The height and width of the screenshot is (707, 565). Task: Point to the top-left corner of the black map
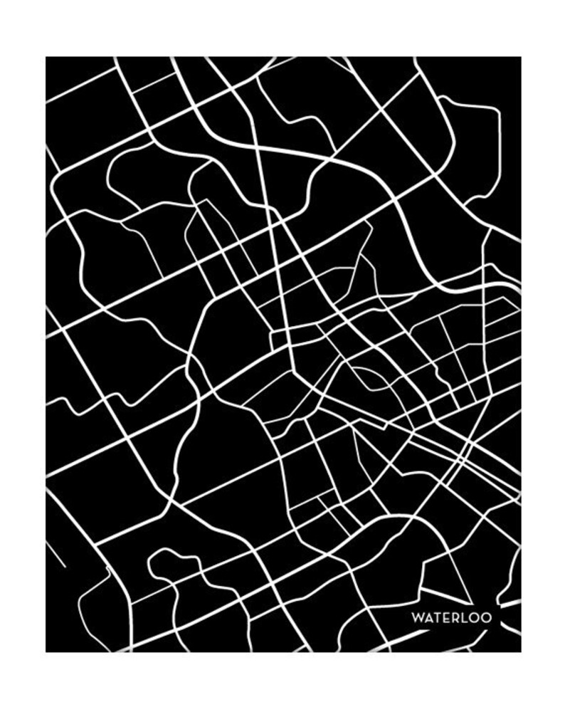pos(46,57)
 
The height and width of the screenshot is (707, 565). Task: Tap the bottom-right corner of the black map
pos(520,651)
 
